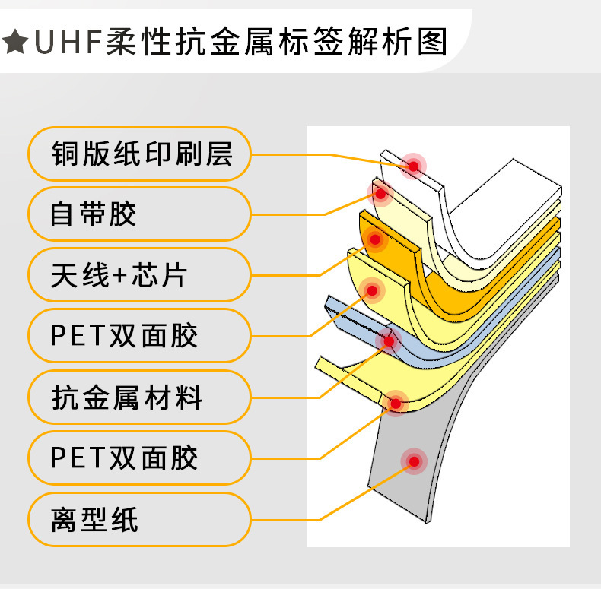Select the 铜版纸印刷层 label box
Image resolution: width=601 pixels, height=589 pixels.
(140, 154)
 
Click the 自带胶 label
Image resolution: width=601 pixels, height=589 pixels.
(140, 214)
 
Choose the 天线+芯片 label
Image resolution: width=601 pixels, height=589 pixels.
(140, 275)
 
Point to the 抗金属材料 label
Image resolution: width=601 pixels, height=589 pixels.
(140, 397)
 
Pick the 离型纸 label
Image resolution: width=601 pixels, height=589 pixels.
(140, 520)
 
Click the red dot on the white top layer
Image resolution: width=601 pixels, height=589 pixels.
(414, 165)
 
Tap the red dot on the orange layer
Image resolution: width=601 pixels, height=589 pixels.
(374, 239)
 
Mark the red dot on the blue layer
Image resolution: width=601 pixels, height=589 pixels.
(389, 341)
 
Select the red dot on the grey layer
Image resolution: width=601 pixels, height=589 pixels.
(414, 461)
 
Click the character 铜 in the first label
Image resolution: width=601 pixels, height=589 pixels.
(65, 154)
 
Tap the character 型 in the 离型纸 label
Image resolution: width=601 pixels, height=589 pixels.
(95, 520)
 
